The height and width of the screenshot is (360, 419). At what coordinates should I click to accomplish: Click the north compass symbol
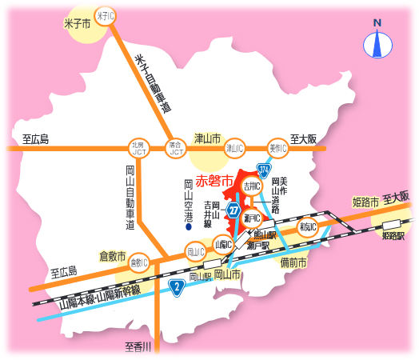[x=377, y=42]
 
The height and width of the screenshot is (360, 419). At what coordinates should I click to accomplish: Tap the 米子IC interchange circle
[x=104, y=14]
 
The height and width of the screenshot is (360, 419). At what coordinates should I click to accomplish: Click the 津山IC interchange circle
[x=233, y=147]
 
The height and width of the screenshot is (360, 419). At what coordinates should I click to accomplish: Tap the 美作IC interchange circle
[x=277, y=147]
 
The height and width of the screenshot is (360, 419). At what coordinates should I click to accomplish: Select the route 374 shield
[x=264, y=169]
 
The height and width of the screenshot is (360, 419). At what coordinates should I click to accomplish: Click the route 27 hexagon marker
[x=233, y=210]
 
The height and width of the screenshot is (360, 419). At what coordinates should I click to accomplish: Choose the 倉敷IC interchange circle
[x=138, y=262]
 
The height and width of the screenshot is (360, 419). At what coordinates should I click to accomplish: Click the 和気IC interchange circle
[x=308, y=227]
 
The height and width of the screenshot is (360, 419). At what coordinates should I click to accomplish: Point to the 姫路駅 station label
[x=392, y=236]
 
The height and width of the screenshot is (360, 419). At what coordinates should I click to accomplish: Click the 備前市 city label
[x=293, y=261]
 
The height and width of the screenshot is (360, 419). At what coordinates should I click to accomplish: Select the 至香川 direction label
[x=143, y=346]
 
